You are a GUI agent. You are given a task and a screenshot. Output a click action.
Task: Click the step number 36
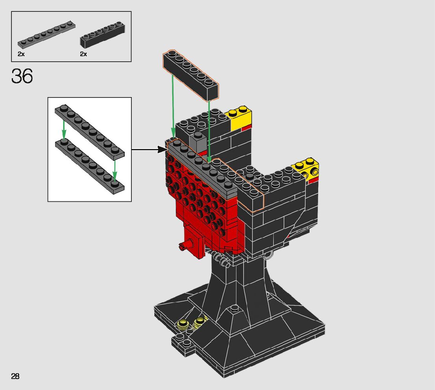[22, 76]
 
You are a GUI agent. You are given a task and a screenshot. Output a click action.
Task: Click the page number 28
[15, 376]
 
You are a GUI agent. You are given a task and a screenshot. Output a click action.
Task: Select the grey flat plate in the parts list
[46, 35]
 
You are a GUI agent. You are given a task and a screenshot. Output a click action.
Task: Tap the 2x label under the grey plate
[21, 54]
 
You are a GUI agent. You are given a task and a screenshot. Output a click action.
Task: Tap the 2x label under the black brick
[83, 54]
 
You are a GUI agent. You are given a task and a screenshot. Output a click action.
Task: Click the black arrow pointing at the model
[149, 149]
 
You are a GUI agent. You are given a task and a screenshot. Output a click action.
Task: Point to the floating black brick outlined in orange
[191, 75]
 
